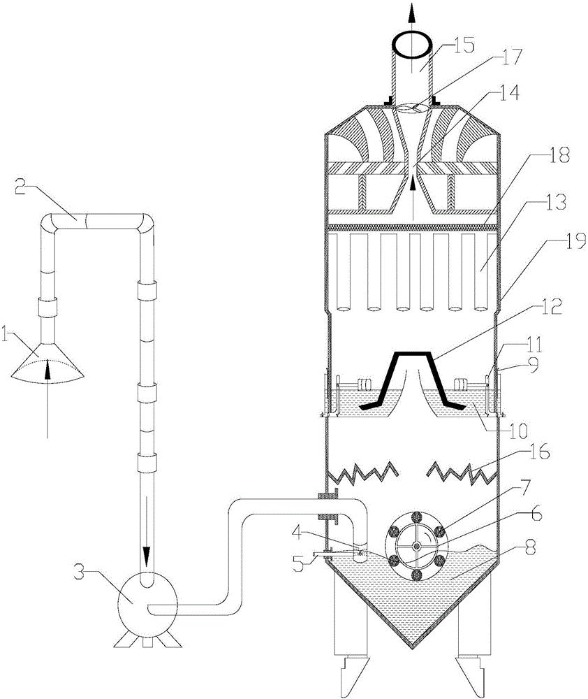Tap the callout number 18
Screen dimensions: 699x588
point(542,155)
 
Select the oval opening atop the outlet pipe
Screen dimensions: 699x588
point(413,44)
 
